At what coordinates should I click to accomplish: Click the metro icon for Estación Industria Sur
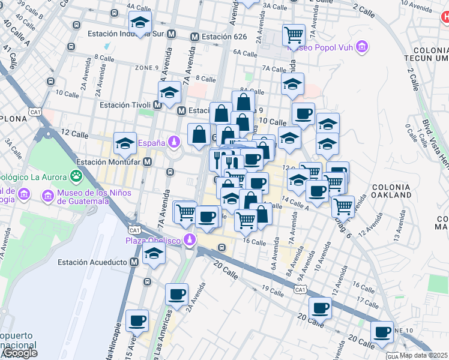pyautogui.click(x=172, y=34)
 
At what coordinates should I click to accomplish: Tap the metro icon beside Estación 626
pyautogui.click(x=194, y=37)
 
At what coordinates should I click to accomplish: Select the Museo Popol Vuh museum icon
pyautogui.click(x=361, y=46)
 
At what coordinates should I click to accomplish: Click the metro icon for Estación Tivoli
pyautogui.click(x=158, y=105)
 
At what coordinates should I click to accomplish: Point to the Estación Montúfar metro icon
pyautogui.click(x=147, y=161)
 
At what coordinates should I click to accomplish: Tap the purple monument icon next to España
pyautogui.click(x=174, y=142)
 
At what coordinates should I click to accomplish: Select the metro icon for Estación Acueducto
pyautogui.click(x=134, y=262)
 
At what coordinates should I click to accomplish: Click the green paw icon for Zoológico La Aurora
pyautogui.click(x=76, y=176)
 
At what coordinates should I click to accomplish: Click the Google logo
pyautogui.click(x=19, y=353)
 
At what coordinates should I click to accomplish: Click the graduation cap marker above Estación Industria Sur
pyautogui.click(x=140, y=23)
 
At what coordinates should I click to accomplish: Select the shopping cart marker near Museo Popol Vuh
pyautogui.click(x=294, y=35)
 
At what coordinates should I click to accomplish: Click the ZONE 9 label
pyautogui.click(x=146, y=67)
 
